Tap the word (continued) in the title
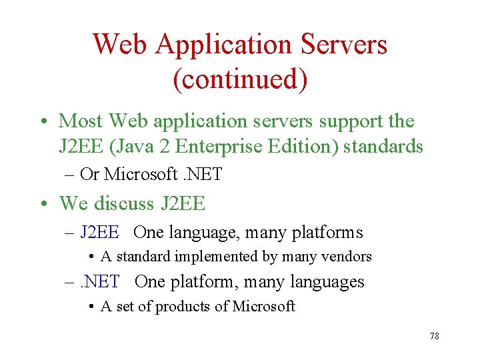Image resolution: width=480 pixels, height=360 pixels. (240, 79)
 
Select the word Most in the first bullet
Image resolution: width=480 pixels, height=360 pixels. (81, 121)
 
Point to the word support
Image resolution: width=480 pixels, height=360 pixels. (347, 121)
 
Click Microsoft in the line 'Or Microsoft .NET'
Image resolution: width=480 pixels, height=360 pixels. (140, 175)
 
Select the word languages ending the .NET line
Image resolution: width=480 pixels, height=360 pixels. (329, 281)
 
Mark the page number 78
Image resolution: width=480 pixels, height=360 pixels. (434, 336)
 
